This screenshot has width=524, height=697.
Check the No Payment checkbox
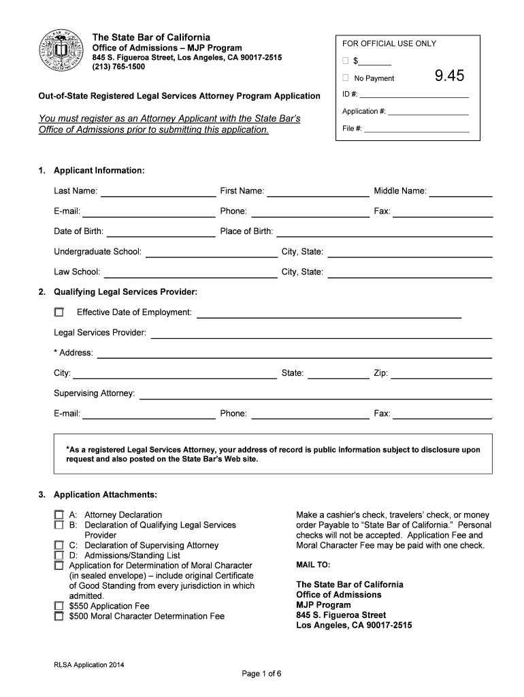(346, 78)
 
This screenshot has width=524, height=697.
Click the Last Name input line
(158, 191)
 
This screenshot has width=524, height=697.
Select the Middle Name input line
(461, 191)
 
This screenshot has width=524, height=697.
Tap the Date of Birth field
(161, 231)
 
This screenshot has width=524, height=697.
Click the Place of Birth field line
(384, 231)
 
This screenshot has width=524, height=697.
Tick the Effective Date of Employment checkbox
(59, 312)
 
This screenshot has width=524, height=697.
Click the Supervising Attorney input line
(315, 394)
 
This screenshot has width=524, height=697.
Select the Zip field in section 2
(442, 374)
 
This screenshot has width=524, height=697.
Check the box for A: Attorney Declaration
(59, 515)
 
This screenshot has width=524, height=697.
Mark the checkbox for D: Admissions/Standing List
(59, 555)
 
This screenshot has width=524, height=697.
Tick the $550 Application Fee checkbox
(59, 606)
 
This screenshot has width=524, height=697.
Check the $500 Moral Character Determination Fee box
(59, 616)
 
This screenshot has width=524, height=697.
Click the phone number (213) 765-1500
(118, 67)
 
